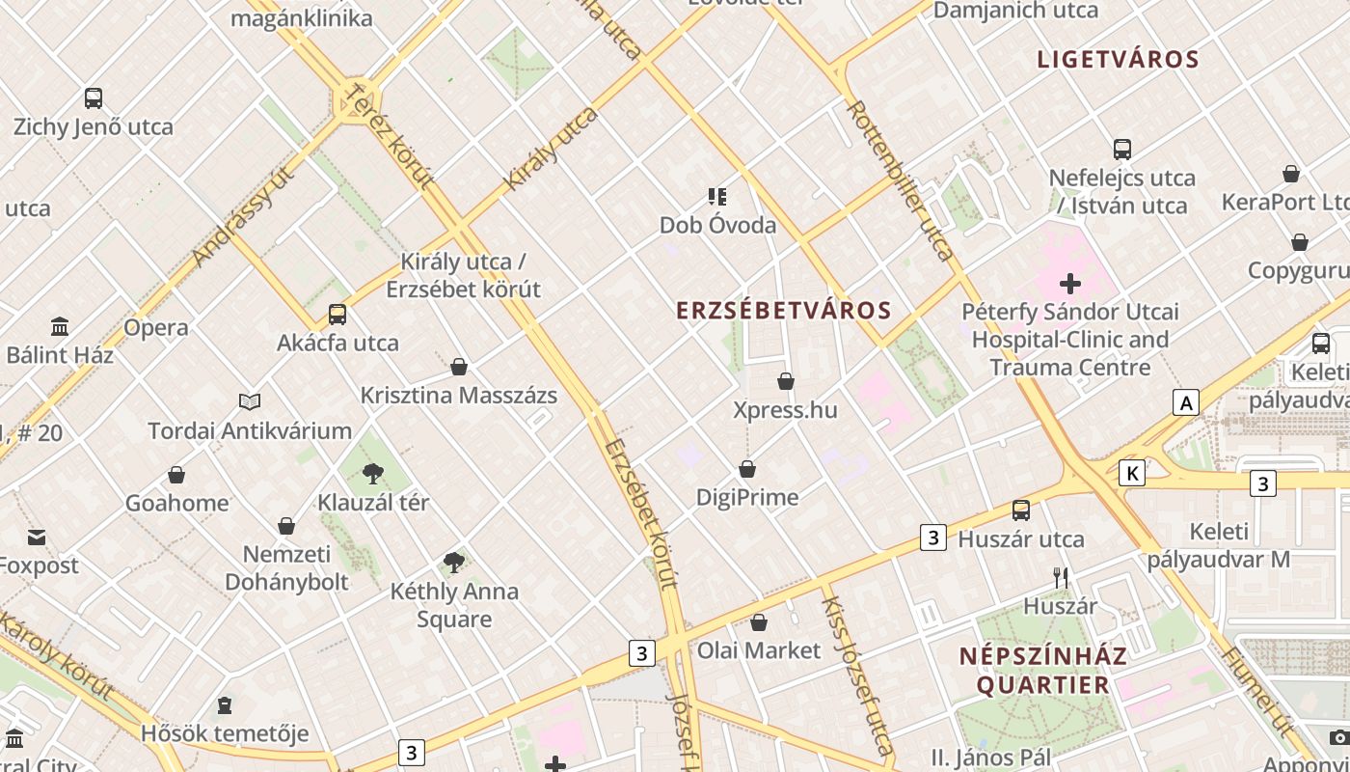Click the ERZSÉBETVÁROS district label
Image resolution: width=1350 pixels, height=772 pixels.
coord(783,311)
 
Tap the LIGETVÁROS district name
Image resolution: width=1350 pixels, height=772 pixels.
coord(1118,60)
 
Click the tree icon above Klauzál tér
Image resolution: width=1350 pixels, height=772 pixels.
coord(373,473)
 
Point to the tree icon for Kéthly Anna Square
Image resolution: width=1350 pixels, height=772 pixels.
coord(453,562)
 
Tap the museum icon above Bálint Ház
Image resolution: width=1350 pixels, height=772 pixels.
coord(60,326)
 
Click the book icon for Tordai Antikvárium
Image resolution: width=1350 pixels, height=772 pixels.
coord(250,401)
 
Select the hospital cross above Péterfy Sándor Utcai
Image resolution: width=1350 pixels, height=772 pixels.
coord(1070,284)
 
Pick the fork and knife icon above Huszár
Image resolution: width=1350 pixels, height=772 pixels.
coord(1061,578)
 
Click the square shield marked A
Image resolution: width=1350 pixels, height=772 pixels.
coord(1185,402)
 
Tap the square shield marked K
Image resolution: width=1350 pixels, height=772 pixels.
coord(1132,473)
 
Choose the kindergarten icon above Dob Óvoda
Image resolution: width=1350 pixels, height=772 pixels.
coord(717,197)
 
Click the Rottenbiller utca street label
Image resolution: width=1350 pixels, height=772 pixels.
coord(899,179)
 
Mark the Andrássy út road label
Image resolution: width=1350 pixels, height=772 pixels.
coord(242,217)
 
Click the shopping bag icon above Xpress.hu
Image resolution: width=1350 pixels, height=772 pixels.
coord(786,381)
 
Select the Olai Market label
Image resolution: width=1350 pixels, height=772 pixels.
coord(758,650)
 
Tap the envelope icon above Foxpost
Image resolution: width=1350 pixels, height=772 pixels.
coord(37,538)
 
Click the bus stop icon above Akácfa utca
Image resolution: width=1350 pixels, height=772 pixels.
coord(337,314)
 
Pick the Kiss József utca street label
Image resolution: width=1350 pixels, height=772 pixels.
coord(855,675)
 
